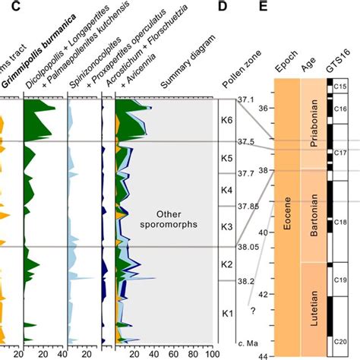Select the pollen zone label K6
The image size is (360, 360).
tap(226, 120)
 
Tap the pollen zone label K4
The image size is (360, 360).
tap(226, 190)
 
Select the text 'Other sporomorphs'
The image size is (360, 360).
tap(165, 219)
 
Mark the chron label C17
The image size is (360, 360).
tap(339, 153)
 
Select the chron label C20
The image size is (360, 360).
tap(339, 343)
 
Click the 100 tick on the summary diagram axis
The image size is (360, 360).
tap(210, 353)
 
